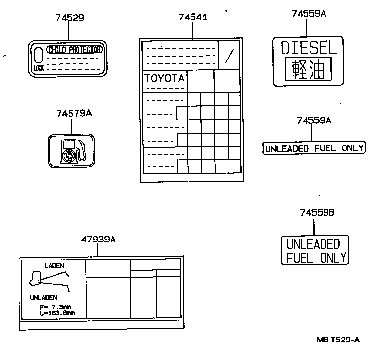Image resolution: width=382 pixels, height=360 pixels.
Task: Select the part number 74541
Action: coord(192,17)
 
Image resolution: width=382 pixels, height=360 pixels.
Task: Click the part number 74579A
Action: coord(74,113)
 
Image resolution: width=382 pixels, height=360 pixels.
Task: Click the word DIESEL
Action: coord(308,48)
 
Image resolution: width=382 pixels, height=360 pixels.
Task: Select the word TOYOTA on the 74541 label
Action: coord(164,78)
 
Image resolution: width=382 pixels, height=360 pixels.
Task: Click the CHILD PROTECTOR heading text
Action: coord(75,50)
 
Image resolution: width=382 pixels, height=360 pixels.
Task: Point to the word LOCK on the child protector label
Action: coord(38,68)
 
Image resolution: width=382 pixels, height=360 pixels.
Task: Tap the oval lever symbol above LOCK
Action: coord(39,55)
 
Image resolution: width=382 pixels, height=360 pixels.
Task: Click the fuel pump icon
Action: coord(71,150)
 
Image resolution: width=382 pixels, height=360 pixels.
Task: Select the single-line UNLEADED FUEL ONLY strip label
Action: coord(314,148)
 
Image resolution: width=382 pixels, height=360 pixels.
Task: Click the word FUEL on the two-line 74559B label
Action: coord(300,258)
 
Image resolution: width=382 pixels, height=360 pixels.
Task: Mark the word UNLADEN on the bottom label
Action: coord(43,297)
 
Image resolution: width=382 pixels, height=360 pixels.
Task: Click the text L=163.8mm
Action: coord(57,313)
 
